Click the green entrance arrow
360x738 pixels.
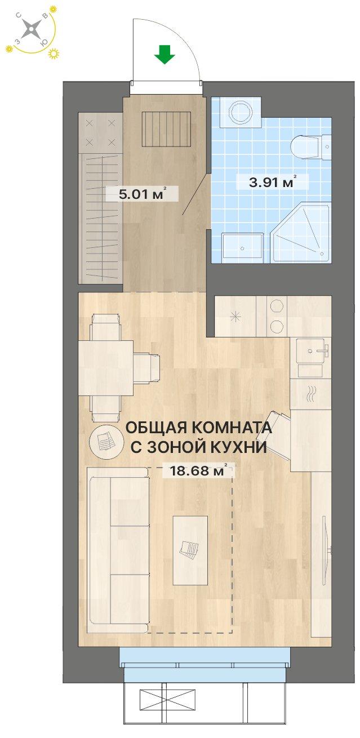click(x=165, y=54)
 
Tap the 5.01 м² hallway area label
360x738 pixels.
click(x=141, y=194)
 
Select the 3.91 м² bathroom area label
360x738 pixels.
click(x=272, y=182)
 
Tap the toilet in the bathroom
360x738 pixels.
click(x=310, y=146)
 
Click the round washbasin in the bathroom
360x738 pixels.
click(x=241, y=112)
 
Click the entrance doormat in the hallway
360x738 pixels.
click(x=167, y=128)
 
